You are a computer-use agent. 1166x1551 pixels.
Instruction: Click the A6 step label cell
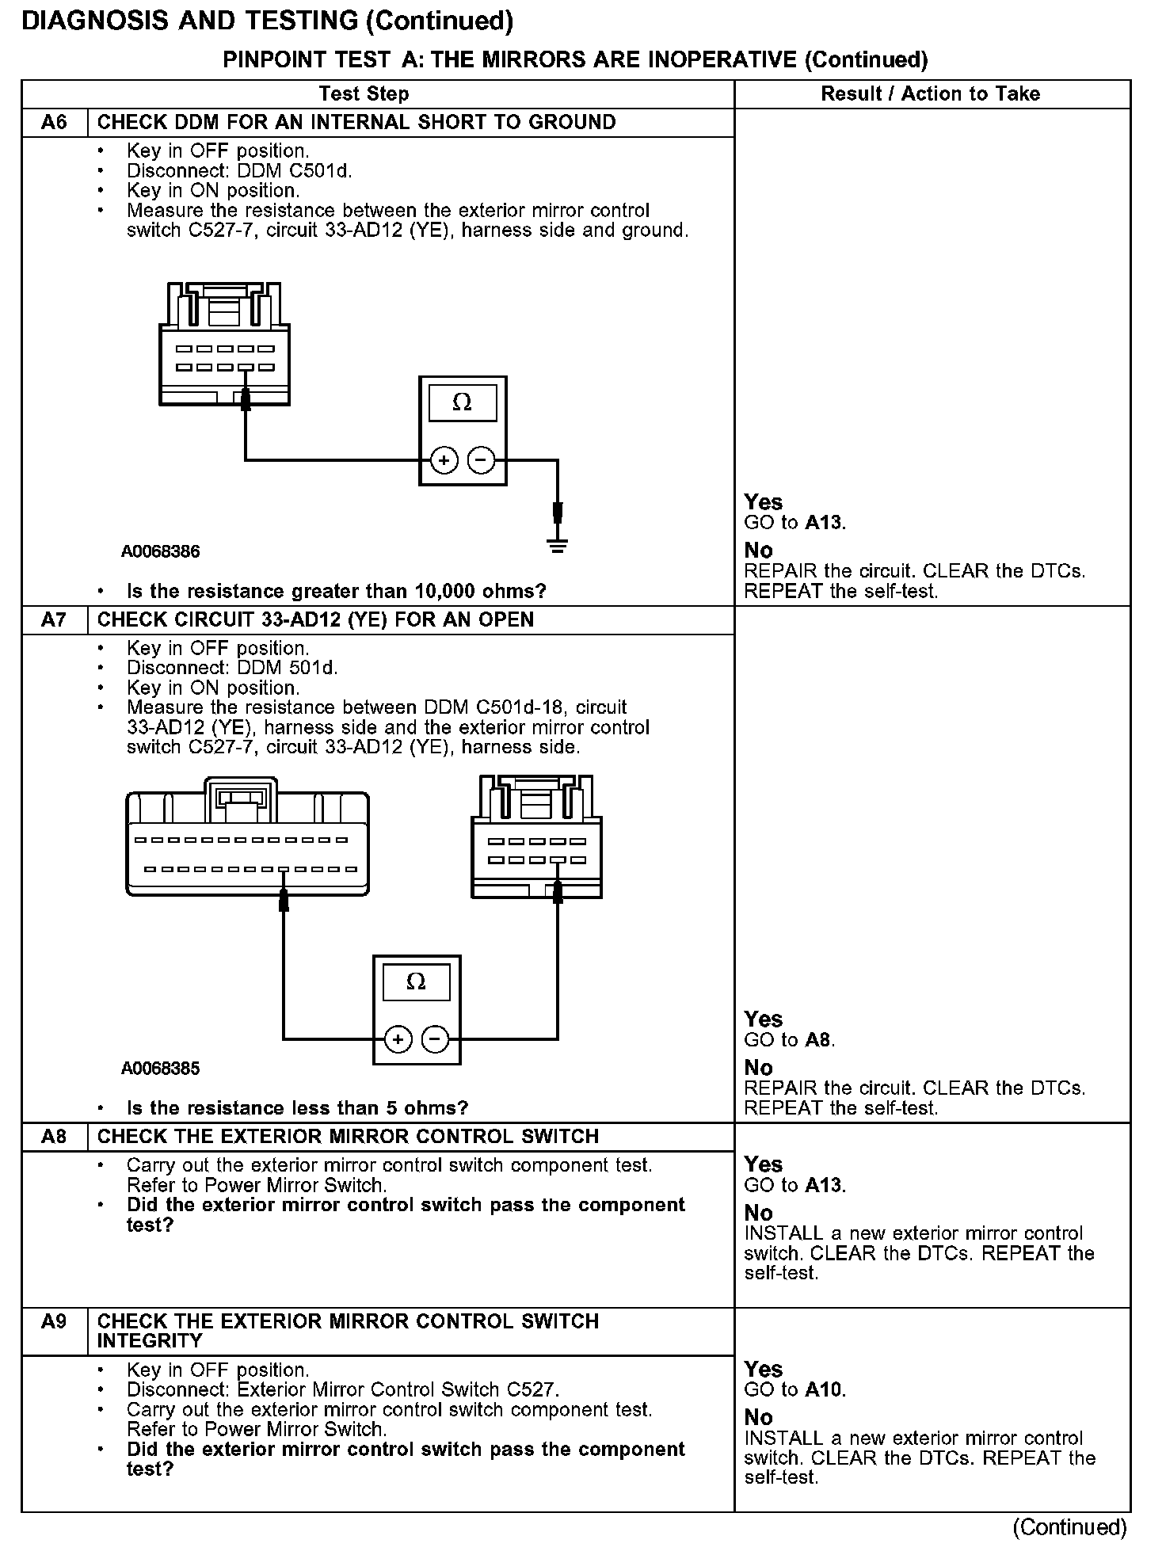(54, 123)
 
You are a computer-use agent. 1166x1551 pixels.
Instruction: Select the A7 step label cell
(54, 619)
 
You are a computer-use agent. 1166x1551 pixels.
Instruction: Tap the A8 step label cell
(54, 1137)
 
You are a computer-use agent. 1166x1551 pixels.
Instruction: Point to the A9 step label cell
(54, 1321)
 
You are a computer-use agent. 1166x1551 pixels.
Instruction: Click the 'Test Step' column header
(364, 94)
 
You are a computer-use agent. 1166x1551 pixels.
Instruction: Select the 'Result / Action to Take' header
(930, 94)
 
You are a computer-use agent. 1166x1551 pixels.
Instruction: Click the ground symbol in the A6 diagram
(558, 544)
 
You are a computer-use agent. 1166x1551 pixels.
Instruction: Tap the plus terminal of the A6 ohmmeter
(444, 460)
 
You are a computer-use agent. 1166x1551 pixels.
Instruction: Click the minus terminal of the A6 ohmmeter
(481, 460)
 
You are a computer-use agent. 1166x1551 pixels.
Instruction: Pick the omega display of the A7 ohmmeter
(416, 982)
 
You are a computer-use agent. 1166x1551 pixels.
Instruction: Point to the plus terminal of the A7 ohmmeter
(398, 1039)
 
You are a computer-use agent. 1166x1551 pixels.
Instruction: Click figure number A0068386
(161, 551)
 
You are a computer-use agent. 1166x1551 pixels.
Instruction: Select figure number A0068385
(161, 1069)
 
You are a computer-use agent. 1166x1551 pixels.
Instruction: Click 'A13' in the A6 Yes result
(824, 523)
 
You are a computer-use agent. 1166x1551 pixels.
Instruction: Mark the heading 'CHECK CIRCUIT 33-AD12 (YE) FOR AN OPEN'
(315, 619)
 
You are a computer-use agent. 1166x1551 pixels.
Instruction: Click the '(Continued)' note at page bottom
(1069, 1527)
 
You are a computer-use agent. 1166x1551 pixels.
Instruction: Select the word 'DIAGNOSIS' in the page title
(96, 21)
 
